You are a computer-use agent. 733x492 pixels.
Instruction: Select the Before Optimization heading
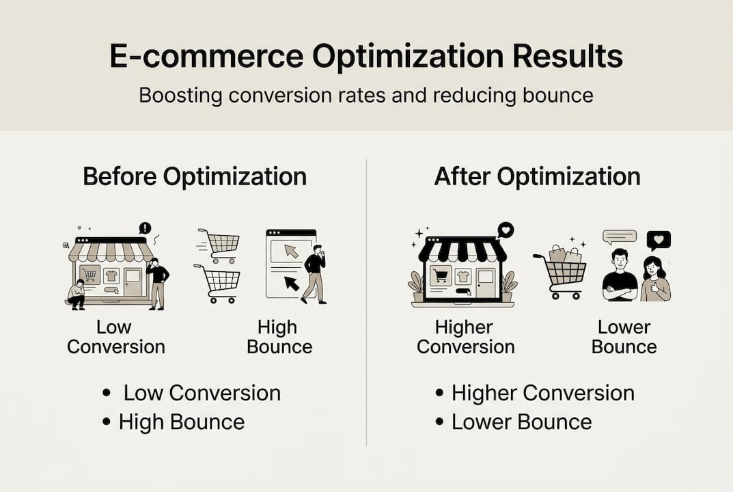[195, 176]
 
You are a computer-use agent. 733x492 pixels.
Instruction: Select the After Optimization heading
[537, 176]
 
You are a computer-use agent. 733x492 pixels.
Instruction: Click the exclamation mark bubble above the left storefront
[144, 228]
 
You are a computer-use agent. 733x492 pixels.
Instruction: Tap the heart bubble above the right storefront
[505, 230]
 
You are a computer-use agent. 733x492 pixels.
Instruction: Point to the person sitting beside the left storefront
[77, 294]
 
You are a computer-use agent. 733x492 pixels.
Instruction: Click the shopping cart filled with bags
[562, 271]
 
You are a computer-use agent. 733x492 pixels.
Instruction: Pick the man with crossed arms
[620, 275]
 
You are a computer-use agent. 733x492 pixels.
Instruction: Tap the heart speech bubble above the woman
[659, 241]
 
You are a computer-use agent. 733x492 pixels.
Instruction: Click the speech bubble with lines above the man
[619, 237]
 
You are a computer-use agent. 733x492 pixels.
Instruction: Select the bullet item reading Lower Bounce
[521, 422]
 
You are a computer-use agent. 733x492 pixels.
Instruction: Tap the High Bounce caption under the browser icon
[279, 336]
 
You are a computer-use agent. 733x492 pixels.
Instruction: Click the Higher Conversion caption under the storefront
[465, 336]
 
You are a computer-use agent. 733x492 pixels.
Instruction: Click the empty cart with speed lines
[221, 244]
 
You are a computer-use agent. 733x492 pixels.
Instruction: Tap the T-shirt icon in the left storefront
[111, 276]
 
